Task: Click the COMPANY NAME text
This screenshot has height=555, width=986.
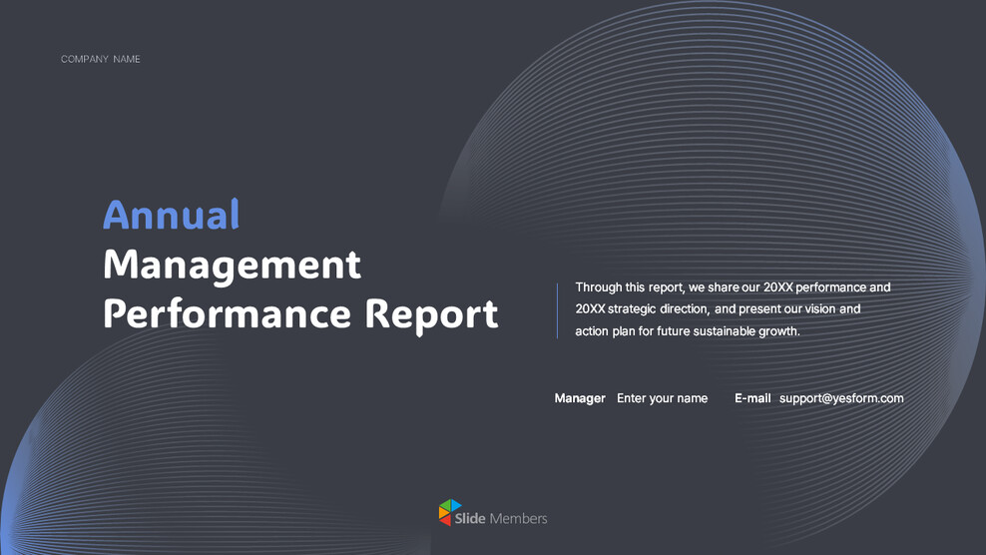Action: coord(100,59)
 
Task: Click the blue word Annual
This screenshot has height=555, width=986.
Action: coord(171,215)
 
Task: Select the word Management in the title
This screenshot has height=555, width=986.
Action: coord(232,266)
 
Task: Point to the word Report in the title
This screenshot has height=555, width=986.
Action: coord(431,313)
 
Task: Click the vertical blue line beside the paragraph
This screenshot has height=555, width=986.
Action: coord(557,310)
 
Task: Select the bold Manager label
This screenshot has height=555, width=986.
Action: coord(580,398)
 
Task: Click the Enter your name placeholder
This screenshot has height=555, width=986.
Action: coord(662,398)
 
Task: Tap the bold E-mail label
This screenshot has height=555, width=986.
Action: coord(752,398)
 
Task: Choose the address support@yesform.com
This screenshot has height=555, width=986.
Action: coord(841,398)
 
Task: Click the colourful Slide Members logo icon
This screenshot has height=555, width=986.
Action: coord(450,513)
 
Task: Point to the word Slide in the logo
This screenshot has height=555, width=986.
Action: coord(470,519)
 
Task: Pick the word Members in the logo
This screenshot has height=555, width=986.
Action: coord(518,519)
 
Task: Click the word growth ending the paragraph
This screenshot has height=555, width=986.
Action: coord(779,331)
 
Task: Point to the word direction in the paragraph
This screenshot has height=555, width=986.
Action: coord(684,309)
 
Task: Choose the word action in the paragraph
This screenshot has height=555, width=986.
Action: coord(592,331)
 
